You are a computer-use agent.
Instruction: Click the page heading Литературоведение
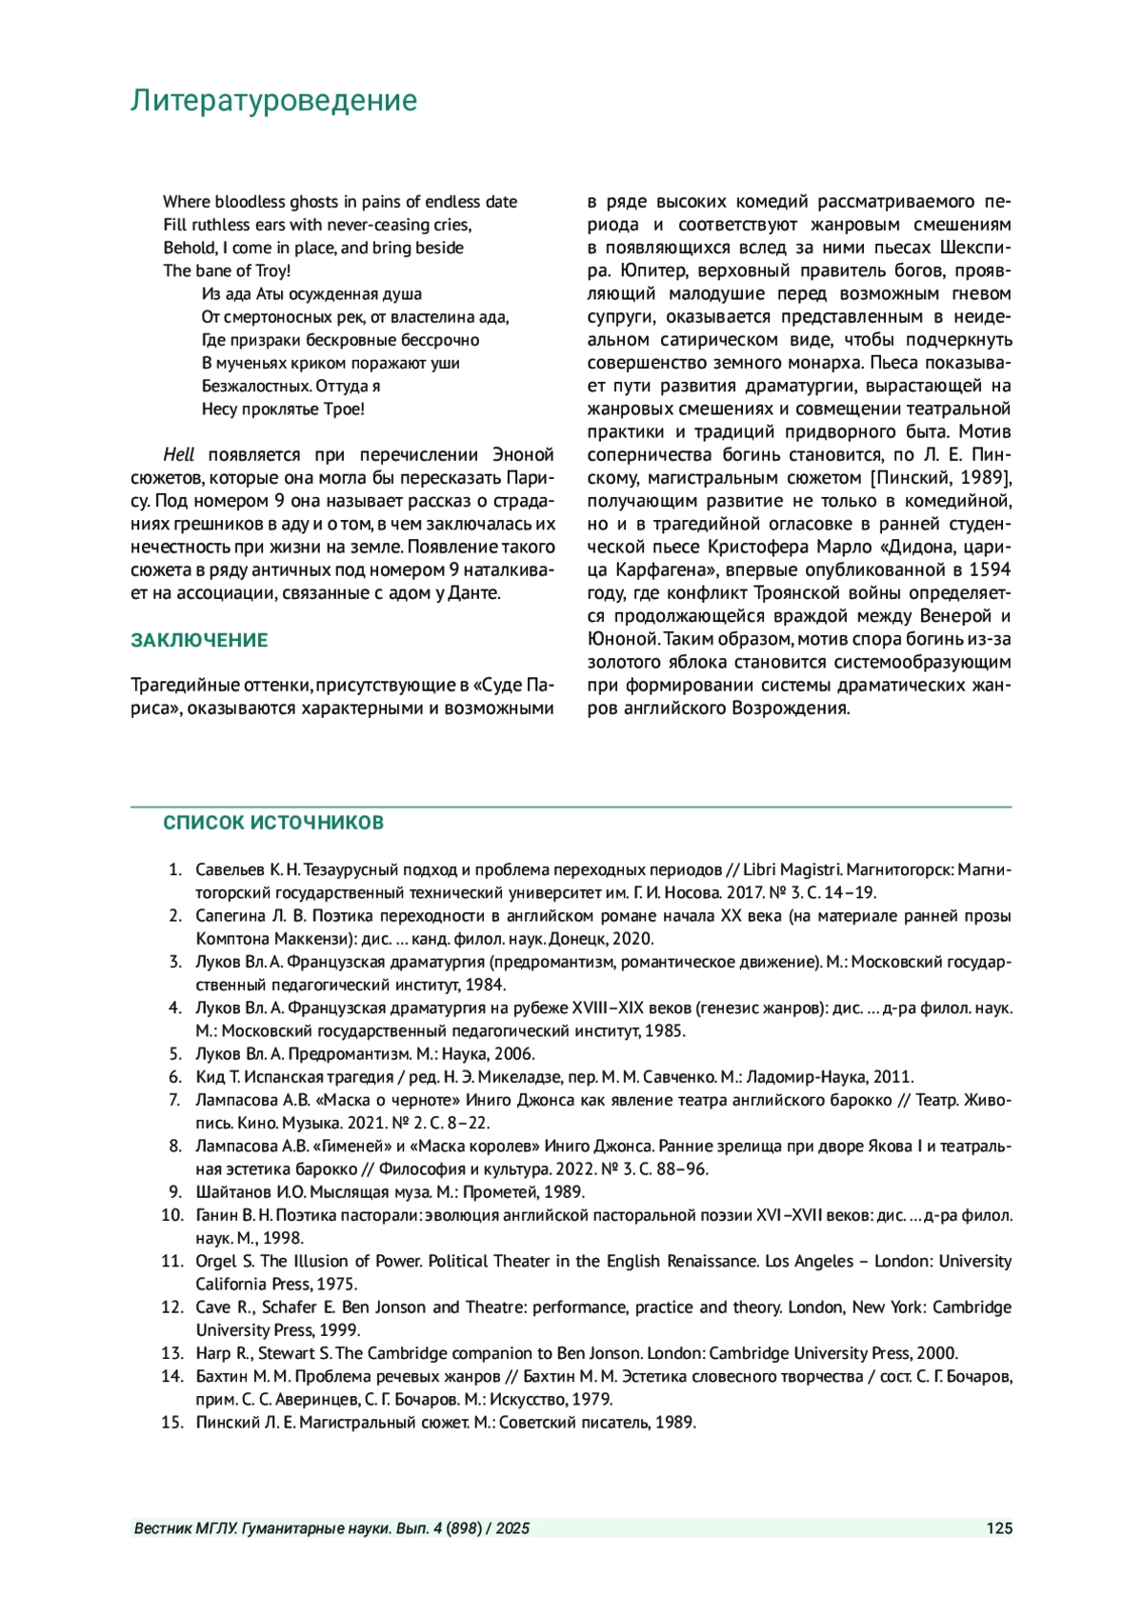[273, 101]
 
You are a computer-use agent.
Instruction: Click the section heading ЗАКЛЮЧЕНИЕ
[199, 640]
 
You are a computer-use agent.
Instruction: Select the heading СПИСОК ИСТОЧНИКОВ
[273, 823]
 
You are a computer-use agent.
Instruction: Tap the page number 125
[999, 1528]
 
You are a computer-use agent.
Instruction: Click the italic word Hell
[179, 454]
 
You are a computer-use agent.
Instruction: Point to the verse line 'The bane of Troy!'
[227, 270]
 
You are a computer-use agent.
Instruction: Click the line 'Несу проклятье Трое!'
[283, 409]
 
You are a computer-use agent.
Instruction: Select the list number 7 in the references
[174, 1100]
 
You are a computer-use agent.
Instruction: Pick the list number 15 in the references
[171, 1423]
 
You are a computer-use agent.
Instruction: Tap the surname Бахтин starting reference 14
[223, 1376]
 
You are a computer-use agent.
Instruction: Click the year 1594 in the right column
[990, 569]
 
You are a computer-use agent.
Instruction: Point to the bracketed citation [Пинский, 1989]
[938, 477]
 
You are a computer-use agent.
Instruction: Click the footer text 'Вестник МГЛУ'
[186, 1528]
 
